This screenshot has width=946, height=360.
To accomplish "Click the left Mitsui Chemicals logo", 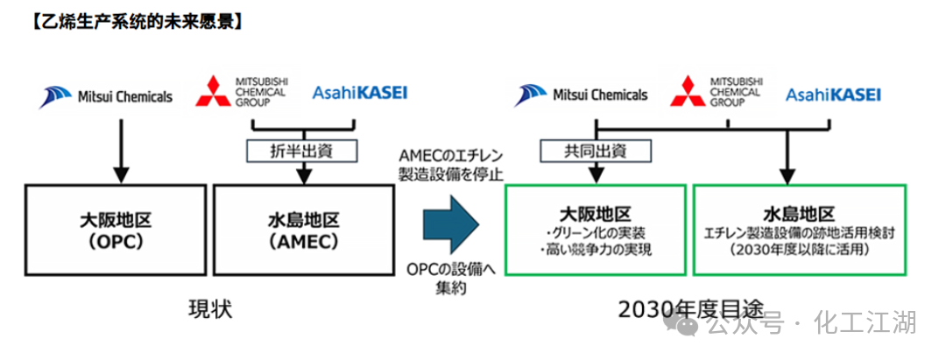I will pyautogui.click(x=105, y=96).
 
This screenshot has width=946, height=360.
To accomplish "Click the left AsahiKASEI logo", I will pyautogui.click(x=359, y=92).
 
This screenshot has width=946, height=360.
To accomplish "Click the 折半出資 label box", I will pyautogui.click(x=303, y=151).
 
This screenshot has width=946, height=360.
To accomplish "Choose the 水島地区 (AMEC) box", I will pyautogui.click(x=303, y=229).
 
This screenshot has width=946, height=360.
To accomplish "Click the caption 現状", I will pyautogui.click(x=210, y=309).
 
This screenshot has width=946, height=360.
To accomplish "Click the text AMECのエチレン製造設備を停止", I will pyautogui.click(x=448, y=164).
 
